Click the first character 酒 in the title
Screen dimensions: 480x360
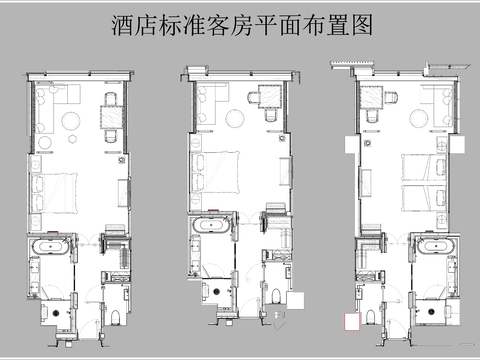121,26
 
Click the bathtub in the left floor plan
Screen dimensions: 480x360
51,245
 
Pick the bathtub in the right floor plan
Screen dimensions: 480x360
433,247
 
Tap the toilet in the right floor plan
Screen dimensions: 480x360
371,317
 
